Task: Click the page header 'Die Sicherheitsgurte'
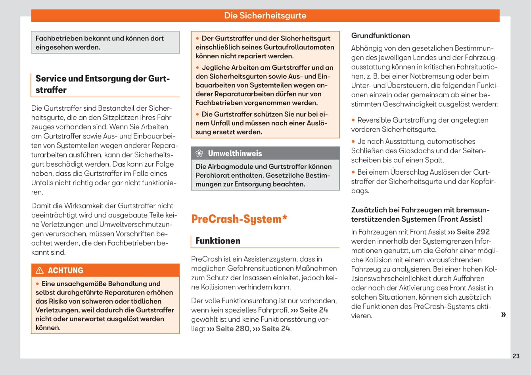[x=265, y=15]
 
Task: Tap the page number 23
[x=516, y=356]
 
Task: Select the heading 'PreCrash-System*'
[x=239, y=219]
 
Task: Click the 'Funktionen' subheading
[x=218, y=240]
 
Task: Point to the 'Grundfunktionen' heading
[x=380, y=35]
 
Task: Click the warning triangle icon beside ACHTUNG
[x=40, y=271]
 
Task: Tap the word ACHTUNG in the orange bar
[x=65, y=271]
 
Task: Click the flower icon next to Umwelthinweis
[x=200, y=154]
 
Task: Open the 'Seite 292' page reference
[x=473, y=232]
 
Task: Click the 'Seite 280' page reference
[x=233, y=329]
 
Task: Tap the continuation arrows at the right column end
[x=503, y=315]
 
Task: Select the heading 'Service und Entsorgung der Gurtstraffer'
[x=102, y=84]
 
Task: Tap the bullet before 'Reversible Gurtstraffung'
[x=353, y=120]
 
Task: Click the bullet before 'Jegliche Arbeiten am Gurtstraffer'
[x=197, y=67]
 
